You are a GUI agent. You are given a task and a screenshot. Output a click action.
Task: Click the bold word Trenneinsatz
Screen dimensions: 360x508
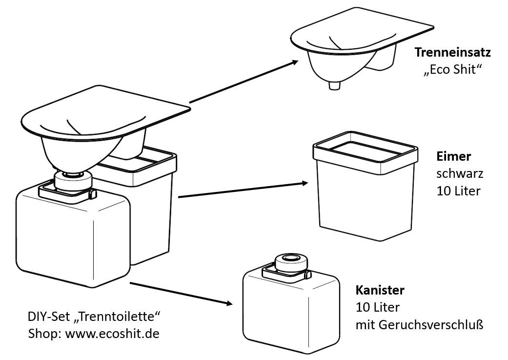tap(452, 52)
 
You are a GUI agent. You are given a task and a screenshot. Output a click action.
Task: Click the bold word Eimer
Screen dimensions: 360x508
tap(453, 156)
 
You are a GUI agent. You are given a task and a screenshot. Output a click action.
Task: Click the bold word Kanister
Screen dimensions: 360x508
tap(380, 291)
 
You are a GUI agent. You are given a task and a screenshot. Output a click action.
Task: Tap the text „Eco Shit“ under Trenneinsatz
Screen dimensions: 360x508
tap(452, 70)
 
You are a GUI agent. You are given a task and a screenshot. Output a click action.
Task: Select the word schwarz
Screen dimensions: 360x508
tap(459, 173)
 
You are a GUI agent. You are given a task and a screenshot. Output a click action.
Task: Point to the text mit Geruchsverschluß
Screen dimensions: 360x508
tap(419, 325)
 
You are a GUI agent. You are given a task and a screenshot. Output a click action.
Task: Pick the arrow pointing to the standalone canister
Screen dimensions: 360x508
tap(181, 293)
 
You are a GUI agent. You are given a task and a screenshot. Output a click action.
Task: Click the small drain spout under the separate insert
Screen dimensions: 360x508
tap(335, 85)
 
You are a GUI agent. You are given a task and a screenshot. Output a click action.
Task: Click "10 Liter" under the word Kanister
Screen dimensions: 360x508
tap(377, 308)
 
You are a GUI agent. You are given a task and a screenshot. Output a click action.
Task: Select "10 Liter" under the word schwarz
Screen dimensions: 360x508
tap(458, 191)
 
